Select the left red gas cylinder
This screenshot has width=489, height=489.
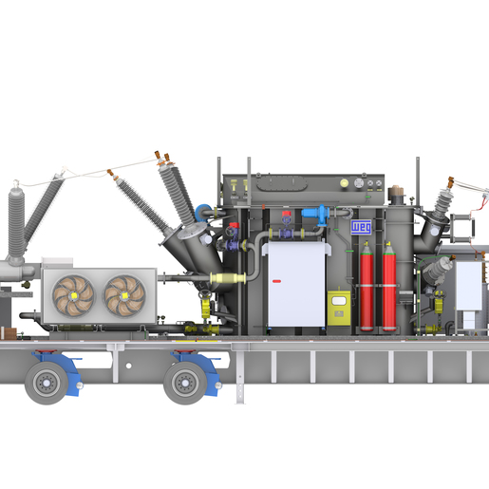point(367,289)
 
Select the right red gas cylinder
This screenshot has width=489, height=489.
point(388,289)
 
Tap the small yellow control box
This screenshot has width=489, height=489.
point(338,308)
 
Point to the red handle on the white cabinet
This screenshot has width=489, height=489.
point(279,281)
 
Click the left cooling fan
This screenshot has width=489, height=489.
point(71,295)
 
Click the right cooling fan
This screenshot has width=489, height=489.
point(124,295)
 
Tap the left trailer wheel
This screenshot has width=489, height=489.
point(47,382)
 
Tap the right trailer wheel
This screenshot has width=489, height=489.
point(184,382)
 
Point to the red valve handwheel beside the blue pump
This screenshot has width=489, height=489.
point(287,215)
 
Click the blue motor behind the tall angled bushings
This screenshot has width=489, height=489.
point(202,212)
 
